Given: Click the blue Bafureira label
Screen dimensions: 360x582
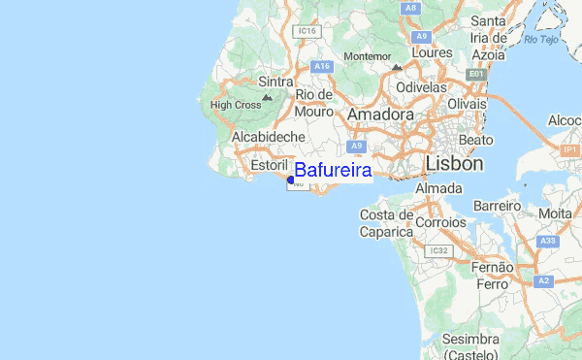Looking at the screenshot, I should click(333, 171).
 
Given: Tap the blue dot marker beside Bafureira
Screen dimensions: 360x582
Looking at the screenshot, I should click(291, 179).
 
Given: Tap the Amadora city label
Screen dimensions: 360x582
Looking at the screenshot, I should click(380, 115).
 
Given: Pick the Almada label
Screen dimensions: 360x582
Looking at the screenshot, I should click(438, 187).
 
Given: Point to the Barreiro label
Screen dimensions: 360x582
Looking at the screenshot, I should click(497, 207).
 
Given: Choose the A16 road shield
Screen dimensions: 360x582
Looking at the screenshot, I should click(322, 66).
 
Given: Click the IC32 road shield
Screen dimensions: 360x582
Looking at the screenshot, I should click(439, 250).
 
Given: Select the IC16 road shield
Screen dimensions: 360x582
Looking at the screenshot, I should click(308, 31).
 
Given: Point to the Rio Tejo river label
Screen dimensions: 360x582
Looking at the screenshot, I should click(542, 39).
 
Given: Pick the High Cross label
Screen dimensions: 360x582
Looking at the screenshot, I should click(236, 105).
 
